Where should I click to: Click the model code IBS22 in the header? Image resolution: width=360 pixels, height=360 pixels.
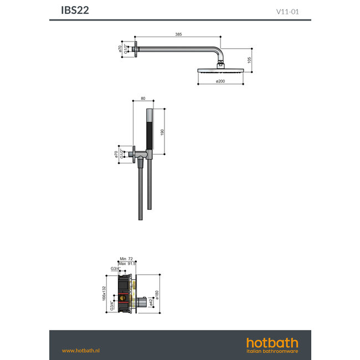(74, 9)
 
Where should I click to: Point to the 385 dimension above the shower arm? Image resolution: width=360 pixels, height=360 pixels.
(178, 34)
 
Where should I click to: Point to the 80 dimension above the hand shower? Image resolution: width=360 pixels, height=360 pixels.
(143, 99)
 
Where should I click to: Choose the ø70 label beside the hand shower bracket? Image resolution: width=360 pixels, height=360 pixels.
(116, 153)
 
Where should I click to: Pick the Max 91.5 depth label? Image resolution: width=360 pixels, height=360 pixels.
(127, 264)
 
